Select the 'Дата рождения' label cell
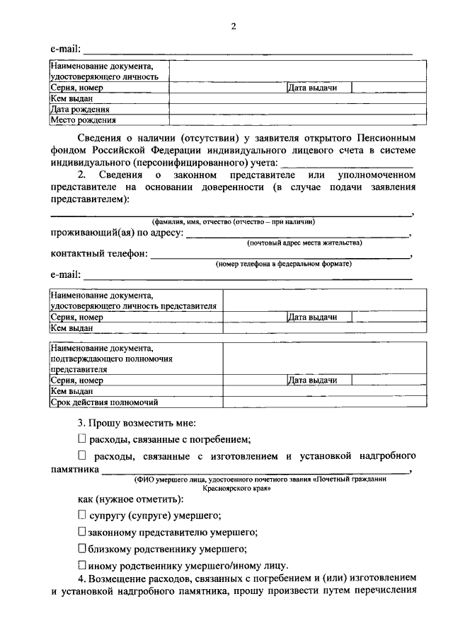point(80,110)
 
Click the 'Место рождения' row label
point(82,120)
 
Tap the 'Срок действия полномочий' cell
point(103,402)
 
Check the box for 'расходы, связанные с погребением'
point(81,438)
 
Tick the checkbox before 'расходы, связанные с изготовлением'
point(81,455)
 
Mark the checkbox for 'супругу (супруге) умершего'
point(81,515)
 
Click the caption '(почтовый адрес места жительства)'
point(304,243)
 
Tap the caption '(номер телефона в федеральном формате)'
point(283,264)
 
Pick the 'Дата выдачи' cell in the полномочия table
point(312,380)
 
